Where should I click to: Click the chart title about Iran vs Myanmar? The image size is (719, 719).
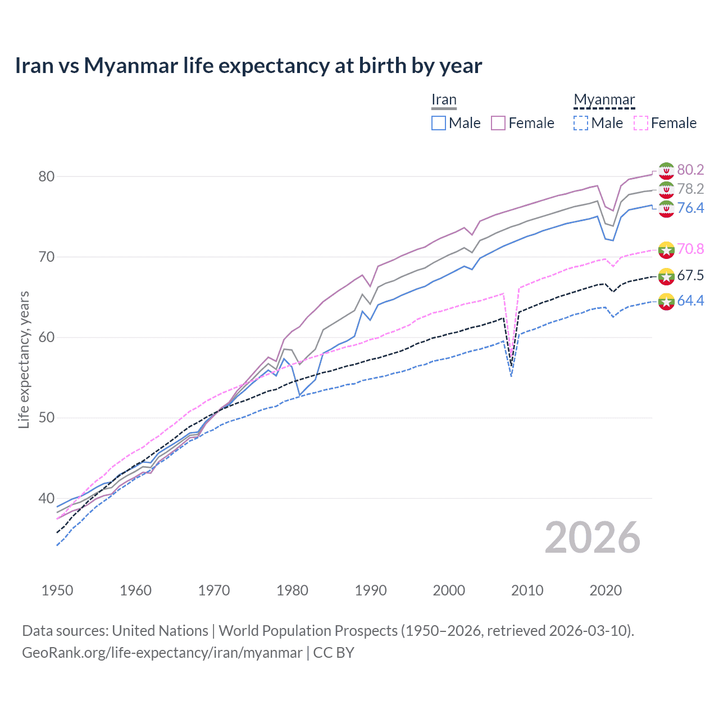[x=248, y=66]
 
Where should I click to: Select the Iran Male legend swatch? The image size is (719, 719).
[x=439, y=123]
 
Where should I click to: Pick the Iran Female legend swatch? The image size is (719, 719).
[x=498, y=123]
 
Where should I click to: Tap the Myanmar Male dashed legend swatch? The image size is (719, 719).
[x=581, y=123]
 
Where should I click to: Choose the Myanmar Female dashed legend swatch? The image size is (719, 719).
[x=640, y=123]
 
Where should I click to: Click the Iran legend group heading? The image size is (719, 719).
[x=444, y=100]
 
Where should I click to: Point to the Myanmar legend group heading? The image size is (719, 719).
[x=604, y=100]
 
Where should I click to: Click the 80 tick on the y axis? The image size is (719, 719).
[x=47, y=176]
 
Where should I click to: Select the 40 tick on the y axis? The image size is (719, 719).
[x=47, y=498]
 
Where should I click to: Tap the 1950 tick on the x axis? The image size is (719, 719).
[x=57, y=590]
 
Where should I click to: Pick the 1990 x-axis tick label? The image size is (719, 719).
[x=371, y=590]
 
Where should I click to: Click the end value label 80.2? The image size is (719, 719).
[x=690, y=170]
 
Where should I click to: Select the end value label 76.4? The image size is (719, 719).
[x=690, y=208]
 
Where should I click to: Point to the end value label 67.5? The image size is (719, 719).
[x=690, y=275]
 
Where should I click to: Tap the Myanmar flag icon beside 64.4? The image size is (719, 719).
[x=666, y=301]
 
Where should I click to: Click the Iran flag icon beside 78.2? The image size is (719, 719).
[x=666, y=189]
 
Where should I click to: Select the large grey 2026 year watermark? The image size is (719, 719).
[x=593, y=538]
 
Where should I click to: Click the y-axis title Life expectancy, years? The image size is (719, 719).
[x=24, y=359]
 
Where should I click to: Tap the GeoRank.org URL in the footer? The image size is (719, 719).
[x=162, y=653]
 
